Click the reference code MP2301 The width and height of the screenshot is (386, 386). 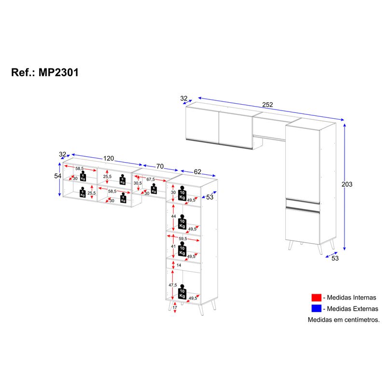58,72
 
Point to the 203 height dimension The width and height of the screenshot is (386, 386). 346,184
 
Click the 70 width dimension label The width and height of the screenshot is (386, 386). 160,166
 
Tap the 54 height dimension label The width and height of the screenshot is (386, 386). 58,176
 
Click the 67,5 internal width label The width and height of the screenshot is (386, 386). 151,179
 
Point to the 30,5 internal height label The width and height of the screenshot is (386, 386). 137,183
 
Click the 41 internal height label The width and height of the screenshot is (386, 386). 173,246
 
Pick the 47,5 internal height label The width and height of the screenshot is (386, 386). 173,285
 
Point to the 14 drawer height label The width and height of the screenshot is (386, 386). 179,265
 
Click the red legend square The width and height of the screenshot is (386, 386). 316,298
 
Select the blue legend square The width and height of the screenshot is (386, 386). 316,309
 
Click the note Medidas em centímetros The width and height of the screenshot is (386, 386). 344,319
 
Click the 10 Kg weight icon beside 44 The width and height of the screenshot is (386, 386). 182,221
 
